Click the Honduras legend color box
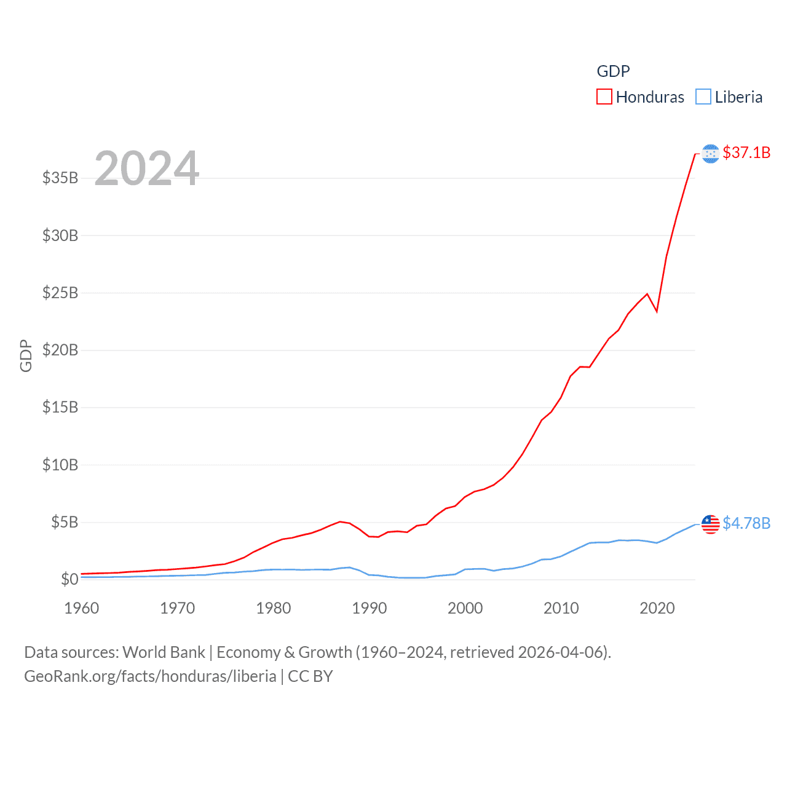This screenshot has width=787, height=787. pyautogui.click(x=604, y=97)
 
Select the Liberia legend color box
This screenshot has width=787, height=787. pyautogui.click(x=703, y=97)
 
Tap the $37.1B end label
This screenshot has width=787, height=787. pyautogui.click(x=746, y=152)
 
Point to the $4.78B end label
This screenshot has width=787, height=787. pyautogui.click(x=746, y=523)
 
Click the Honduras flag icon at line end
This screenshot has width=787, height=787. pyautogui.click(x=711, y=154)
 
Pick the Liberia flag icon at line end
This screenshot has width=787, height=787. pyautogui.click(x=711, y=524)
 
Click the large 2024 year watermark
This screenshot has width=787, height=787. pyautogui.click(x=147, y=168)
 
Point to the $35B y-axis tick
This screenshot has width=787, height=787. pyautogui.click(x=60, y=178)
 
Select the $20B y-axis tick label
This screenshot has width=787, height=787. pyautogui.click(x=60, y=350)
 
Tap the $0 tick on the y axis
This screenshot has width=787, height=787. pyautogui.click(x=69, y=579)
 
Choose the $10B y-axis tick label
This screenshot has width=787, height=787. pyautogui.click(x=60, y=465)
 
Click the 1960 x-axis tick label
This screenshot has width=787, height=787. pyautogui.click(x=82, y=609)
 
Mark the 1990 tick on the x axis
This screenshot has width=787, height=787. pyautogui.click(x=370, y=609)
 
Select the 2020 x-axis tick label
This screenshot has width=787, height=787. pyautogui.click(x=657, y=609)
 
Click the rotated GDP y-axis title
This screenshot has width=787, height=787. pyautogui.click(x=26, y=355)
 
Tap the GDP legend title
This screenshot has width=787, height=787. pyautogui.click(x=613, y=71)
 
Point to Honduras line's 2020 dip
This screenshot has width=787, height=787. pyautogui.click(x=657, y=311)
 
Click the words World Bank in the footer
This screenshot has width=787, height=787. pyautogui.click(x=164, y=652)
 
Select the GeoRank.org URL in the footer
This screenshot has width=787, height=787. pyautogui.click(x=150, y=676)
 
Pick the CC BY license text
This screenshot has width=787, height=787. pyautogui.click(x=310, y=676)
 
